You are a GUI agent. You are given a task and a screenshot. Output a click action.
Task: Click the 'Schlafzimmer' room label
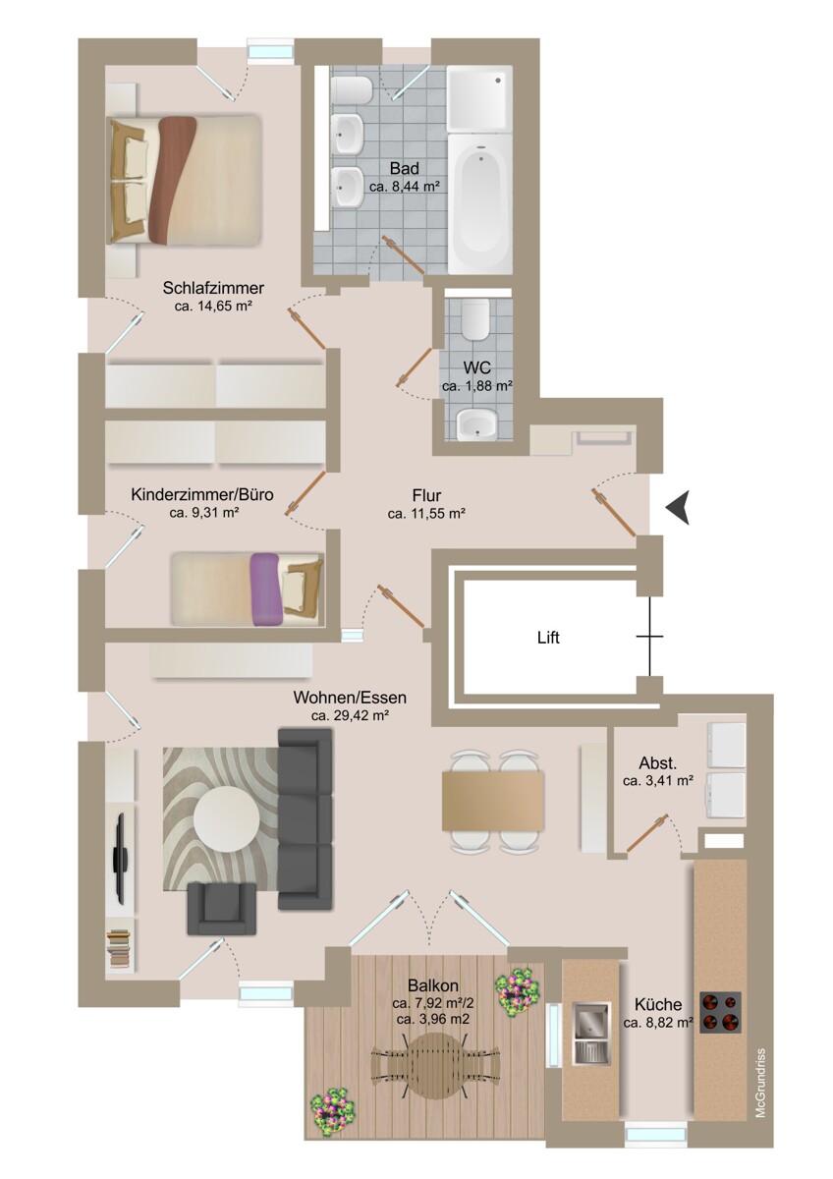[x=213, y=288]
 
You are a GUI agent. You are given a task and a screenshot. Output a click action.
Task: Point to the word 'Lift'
[x=548, y=638]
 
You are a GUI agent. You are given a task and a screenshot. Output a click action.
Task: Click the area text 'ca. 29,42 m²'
[x=350, y=716]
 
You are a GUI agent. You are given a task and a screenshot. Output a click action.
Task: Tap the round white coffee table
[x=227, y=819]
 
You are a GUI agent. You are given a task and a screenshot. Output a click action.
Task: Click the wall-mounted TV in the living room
[x=121, y=857]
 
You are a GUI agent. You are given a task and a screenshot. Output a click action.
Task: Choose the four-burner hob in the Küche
[x=720, y=1012]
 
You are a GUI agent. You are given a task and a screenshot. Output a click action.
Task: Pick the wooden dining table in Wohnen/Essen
[x=493, y=801]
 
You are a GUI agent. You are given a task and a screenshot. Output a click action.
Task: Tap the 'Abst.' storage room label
[x=657, y=762]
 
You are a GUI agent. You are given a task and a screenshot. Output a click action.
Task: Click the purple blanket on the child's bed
[x=265, y=589]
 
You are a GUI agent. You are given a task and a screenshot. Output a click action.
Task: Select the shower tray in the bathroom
[x=479, y=99]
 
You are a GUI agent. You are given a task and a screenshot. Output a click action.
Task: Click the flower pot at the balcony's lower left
[x=332, y=1109]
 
